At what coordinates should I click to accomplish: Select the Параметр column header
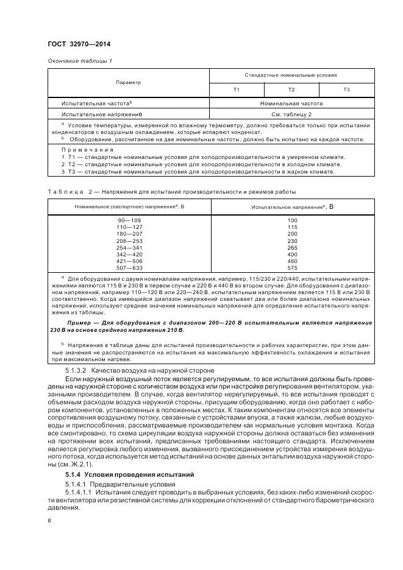[128, 82]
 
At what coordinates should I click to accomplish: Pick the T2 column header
[291, 90]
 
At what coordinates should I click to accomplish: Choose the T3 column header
[346, 90]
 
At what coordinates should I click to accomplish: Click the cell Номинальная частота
[291, 104]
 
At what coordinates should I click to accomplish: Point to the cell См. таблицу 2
[291, 114]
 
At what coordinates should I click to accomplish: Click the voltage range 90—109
[128, 219]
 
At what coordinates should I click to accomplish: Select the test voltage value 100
[292, 219]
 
